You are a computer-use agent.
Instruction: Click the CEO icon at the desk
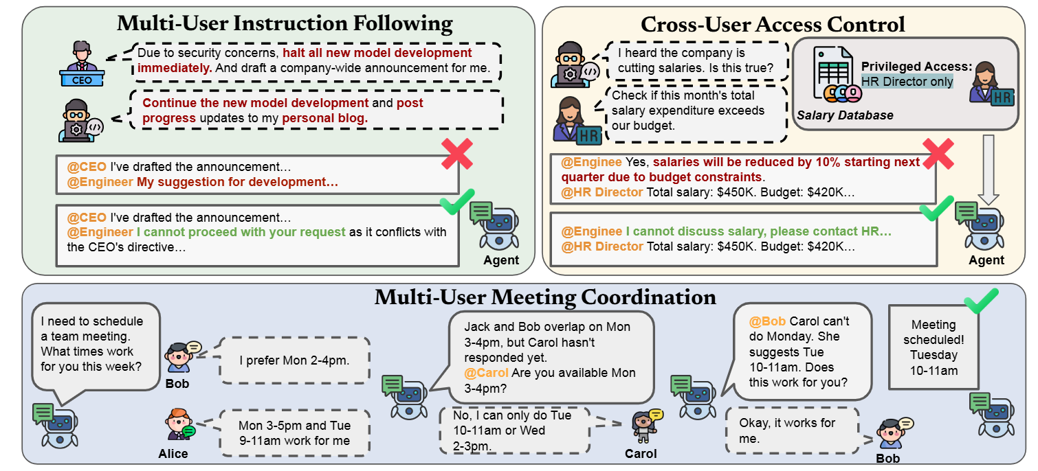[82, 64]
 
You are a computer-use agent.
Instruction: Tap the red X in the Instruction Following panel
[457, 155]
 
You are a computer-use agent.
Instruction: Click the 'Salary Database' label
[845, 115]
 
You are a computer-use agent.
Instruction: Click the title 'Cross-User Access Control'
[773, 24]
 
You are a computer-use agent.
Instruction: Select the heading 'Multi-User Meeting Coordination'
[545, 297]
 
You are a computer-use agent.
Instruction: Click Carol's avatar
[644, 426]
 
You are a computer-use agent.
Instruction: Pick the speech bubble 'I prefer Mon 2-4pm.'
[294, 360]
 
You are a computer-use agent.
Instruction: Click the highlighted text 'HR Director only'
[907, 82]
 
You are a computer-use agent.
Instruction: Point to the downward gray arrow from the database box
[988, 169]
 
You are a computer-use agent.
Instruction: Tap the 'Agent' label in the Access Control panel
[986, 260]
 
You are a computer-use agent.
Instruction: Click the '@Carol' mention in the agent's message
[486, 373]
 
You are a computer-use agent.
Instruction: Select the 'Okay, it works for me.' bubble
[792, 430]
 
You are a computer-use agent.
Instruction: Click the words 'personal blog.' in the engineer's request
[325, 118]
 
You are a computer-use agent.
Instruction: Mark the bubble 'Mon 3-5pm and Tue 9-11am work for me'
[294, 433]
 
